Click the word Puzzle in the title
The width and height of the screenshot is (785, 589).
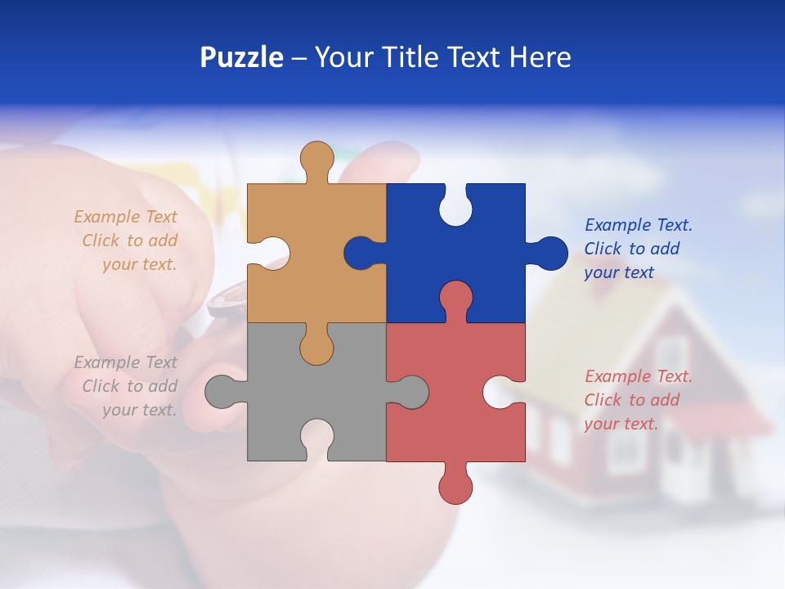pos(241,57)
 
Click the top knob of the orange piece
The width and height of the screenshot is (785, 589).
pos(316,158)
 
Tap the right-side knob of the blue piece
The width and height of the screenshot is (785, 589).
pos(549,253)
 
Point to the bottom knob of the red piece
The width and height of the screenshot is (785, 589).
pos(455,486)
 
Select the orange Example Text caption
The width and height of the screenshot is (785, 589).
pos(127,241)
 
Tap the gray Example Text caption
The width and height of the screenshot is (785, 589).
pos(127,386)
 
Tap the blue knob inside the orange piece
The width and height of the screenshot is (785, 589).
pos(361,253)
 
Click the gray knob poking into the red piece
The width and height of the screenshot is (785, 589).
pos(409,391)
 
